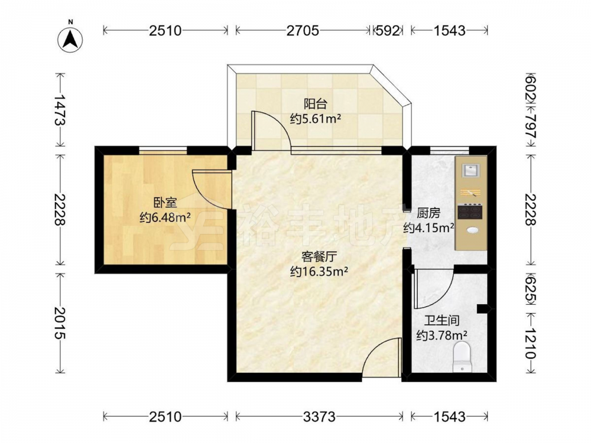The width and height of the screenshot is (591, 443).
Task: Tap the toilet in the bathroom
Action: [462, 357]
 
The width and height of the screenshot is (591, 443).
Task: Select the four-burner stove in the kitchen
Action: [470, 211]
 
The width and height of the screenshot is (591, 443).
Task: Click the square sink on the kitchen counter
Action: [471, 170]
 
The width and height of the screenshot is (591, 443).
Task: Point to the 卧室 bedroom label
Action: [165, 203]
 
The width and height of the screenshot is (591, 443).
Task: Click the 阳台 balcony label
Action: [316, 103]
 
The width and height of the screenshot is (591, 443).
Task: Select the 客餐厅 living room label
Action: [319, 257]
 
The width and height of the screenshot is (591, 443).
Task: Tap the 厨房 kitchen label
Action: [428, 213]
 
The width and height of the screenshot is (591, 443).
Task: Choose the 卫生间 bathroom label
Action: [442, 321]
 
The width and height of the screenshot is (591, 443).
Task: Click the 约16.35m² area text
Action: [319, 272]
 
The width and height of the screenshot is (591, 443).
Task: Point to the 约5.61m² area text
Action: [316, 119]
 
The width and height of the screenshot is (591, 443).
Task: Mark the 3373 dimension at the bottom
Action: [319, 416]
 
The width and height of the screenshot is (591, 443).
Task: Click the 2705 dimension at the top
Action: [303, 31]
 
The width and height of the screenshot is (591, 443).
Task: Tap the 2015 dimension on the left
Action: [60, 323]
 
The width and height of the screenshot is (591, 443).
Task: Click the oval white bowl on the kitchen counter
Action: [472, 230]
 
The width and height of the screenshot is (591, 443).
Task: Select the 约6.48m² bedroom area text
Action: [165, 217]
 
